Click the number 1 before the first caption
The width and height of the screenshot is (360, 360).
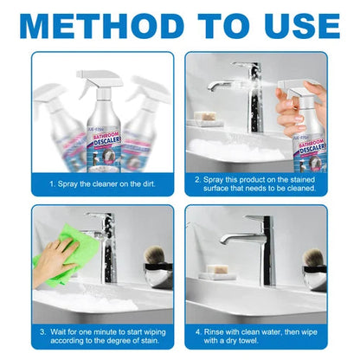click(52, 184)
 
